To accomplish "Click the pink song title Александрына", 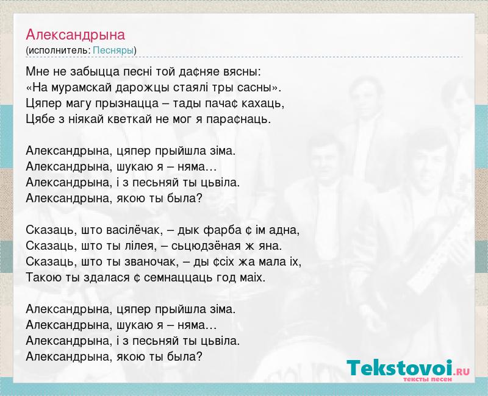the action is tap(75, 35).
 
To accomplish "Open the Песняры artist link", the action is tap(113, 51).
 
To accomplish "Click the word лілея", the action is tap(140, 246).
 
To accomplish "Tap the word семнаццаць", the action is tap(178, 278).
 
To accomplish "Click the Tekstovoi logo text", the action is tap(400, 369).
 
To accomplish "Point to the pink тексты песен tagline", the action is tap(428, 379).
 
